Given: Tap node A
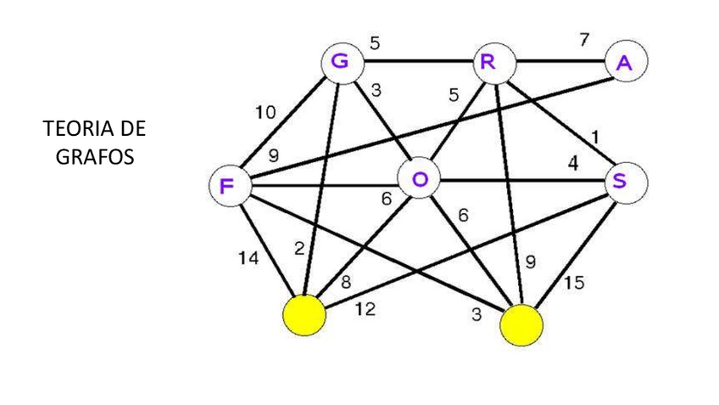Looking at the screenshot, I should [x=626, y=63].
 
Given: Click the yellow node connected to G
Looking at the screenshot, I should [x=304, y=317].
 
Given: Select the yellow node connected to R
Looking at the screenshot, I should [x=521, y=325].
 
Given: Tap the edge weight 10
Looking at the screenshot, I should [x=265, y=111].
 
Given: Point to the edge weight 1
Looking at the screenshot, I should [x=597, y=136].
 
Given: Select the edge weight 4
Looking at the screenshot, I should [x=572, y=164].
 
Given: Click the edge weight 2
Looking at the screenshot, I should [x=299, y=248].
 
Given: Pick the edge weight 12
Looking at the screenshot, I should [x=365, y=311].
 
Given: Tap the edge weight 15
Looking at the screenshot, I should [x=573, y=283].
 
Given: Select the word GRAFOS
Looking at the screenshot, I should [x=94, y=158].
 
